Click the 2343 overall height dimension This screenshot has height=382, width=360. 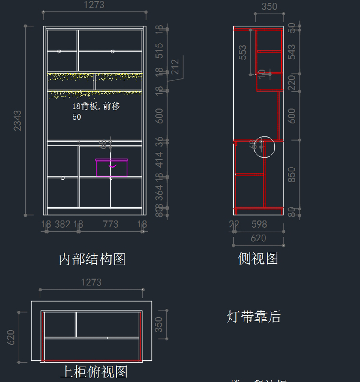18,121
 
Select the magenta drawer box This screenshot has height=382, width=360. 112,168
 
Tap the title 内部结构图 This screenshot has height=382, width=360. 92,259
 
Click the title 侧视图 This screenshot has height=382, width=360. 258,258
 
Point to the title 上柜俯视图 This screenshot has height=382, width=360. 94,372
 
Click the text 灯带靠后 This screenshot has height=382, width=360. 253,317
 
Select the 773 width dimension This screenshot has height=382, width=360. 110,224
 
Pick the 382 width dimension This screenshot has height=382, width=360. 62,224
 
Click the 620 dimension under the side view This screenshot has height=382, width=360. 258,238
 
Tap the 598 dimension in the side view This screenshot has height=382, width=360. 259,224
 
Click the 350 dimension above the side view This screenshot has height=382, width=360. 269,7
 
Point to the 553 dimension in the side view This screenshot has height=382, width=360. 243,52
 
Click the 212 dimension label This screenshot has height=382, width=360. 175,67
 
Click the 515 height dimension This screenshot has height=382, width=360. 159,51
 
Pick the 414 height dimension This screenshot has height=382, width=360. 159,160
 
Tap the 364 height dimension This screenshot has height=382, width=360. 159,193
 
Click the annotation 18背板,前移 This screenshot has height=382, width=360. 96,106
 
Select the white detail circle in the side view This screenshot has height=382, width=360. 264,147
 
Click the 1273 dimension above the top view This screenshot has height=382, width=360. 91,282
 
